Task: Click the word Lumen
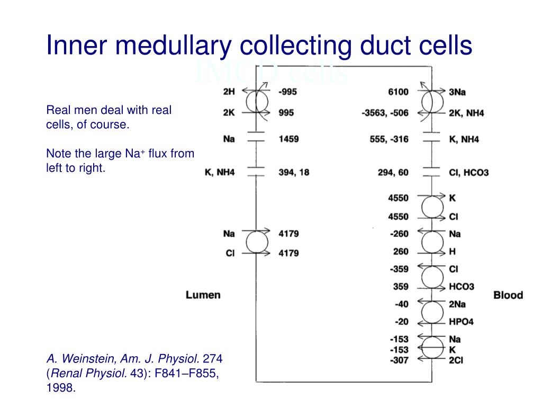pyautogui.click(x=203, y=295)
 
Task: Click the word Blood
pyautogui.click(x=508, y=295)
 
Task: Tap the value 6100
pyautogui.click(x=398, y=92)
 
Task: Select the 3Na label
pyautogui.click(x=457, y=92)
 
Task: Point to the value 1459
pyautogui.click(x=288, y=139)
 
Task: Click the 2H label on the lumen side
pyautogui.click(x=229, y=92)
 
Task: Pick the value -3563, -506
pyautogui.click(x=385, y=113)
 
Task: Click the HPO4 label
pyautogui.click(x=461, y=322)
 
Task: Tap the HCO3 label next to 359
pyautogui.click(x=461, y=287)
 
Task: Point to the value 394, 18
pyautogui.click(x=294, y=172)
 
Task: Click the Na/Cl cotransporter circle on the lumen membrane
pyautogui.click(x=255, y=243)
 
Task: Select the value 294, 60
pyautogui.click(x=393, y=172)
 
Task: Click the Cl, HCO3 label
pyautogui.click(x=468, y=172)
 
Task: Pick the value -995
pyautogui.click(x=287, y=92)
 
